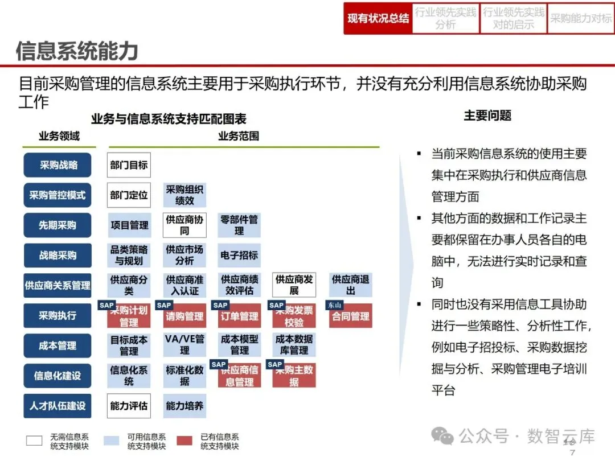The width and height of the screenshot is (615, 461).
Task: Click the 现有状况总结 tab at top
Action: point(378,19)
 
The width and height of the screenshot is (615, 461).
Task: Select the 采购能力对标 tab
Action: point(580,19)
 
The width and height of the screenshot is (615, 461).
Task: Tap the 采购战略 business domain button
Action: point(58,165)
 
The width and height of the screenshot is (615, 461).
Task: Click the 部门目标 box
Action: point(129,165)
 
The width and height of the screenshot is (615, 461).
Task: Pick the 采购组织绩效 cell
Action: point(184,195)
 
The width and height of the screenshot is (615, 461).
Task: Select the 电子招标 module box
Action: point(239,255)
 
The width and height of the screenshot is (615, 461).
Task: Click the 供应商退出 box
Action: point(351,285)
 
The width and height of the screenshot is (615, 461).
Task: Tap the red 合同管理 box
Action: point(351,316)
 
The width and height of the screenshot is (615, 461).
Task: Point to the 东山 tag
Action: point(334,306)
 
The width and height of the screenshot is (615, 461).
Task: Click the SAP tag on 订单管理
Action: point(220,306)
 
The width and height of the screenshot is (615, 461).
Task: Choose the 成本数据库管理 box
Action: point(294,345)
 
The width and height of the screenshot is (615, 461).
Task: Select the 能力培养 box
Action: point(184,406)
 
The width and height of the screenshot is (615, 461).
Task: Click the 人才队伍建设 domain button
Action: point(58,406)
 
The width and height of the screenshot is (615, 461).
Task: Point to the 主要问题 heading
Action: point(487,116)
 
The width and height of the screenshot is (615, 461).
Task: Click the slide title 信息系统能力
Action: point(77,51)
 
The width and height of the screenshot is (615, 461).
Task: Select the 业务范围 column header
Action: point(239,136)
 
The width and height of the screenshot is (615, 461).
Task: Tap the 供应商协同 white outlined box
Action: point(184,225)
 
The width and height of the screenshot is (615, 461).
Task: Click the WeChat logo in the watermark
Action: point(442,436)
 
